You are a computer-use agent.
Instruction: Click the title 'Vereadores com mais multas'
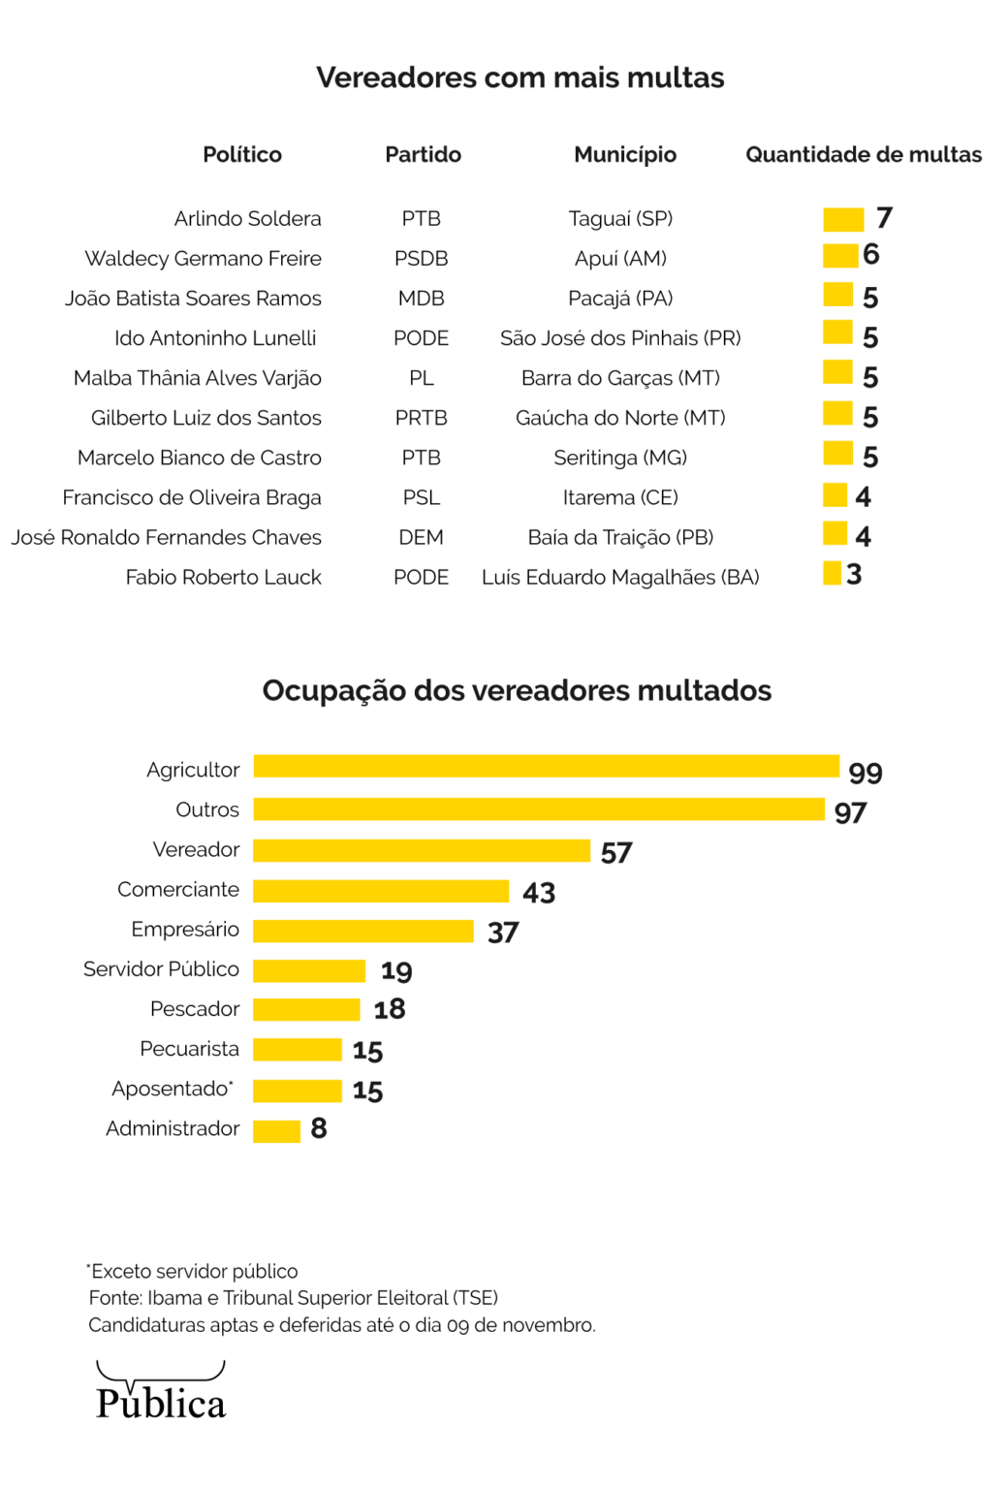[520, 78]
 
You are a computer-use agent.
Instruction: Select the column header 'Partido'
[423, 155]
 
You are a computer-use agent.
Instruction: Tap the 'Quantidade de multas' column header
[863, 155]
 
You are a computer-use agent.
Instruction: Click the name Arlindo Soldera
[247, 219]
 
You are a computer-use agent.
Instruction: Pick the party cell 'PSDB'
[421, 259]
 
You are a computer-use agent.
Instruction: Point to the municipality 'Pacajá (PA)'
[620, 299]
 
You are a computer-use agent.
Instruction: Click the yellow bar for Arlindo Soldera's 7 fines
[842, 219]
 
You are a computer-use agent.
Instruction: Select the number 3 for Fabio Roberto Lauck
[854, 575]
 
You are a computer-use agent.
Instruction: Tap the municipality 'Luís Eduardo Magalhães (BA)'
[620, 578]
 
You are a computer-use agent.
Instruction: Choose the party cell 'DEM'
[421, 538]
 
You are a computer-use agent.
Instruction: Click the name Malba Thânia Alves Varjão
[198, 378]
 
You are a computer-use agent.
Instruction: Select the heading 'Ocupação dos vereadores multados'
[517, 690]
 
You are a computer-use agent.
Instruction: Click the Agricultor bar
[546, 766]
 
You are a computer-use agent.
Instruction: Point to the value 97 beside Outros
[850, 813]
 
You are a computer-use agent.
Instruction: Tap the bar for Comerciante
[381, 890]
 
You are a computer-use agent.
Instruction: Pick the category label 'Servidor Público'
[161, 969]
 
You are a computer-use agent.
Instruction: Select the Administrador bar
[276, 1131]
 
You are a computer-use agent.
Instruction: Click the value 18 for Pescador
[390, 1010]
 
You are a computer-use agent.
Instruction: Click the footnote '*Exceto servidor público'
[192, 1271]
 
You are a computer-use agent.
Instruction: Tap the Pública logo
[161, 1392]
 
